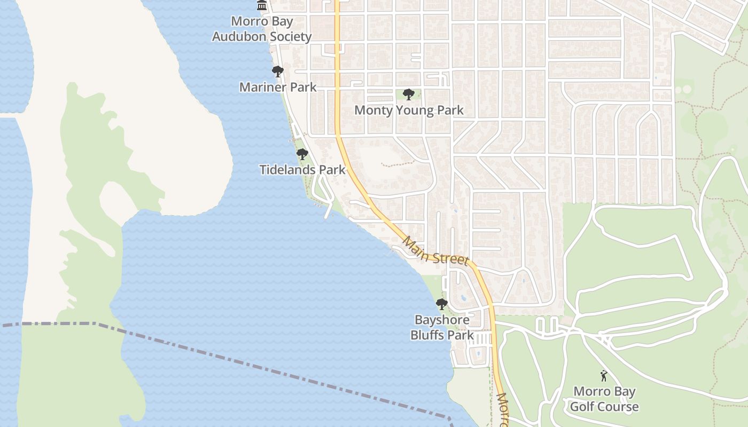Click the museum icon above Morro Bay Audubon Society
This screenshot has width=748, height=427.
[262, 6]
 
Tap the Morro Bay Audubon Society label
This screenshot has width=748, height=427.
[262, 29]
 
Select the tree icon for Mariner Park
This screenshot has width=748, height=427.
[277, 72]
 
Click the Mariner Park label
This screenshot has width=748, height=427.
[278, 87]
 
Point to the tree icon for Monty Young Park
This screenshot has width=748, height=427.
[409, 95]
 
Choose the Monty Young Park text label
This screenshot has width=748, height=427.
[409, 110]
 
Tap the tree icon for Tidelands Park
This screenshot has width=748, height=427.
[302, 155]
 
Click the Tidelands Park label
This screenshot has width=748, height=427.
[302, 170]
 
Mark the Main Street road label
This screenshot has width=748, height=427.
[435, 251]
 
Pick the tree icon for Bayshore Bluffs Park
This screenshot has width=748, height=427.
[441, 304]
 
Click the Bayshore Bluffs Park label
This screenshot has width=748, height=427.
[442, 327]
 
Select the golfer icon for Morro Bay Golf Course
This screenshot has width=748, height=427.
[604, 376]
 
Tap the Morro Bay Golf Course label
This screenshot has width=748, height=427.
[604, 399]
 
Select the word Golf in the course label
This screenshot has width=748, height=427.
[581, 407]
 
